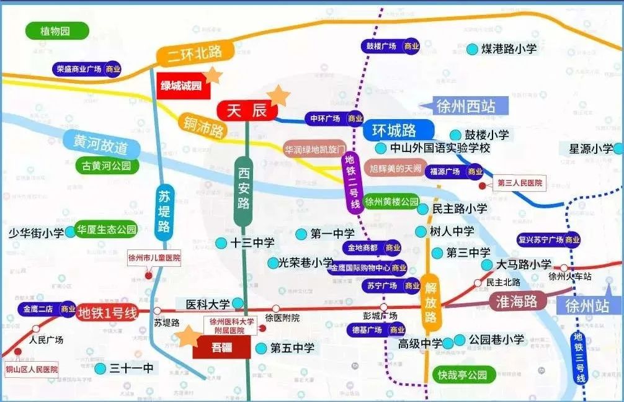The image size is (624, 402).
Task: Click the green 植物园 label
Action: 56,30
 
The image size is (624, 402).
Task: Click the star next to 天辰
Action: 279,95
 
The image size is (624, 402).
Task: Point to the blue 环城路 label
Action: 394,131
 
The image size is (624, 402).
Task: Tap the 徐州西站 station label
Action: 466,106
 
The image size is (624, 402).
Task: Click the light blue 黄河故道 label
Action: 100,148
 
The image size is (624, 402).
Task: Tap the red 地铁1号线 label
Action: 107,313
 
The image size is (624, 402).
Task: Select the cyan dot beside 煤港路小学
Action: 473,48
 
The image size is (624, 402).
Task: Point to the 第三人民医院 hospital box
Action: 520,184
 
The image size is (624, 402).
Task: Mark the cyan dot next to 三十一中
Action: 100,368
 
